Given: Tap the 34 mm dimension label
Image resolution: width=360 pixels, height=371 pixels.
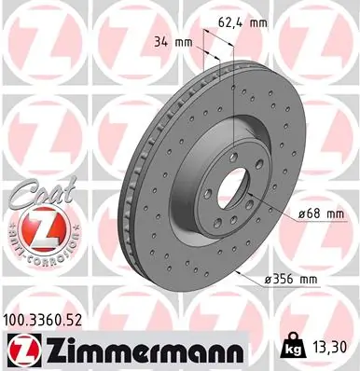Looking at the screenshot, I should click(171, 42).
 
